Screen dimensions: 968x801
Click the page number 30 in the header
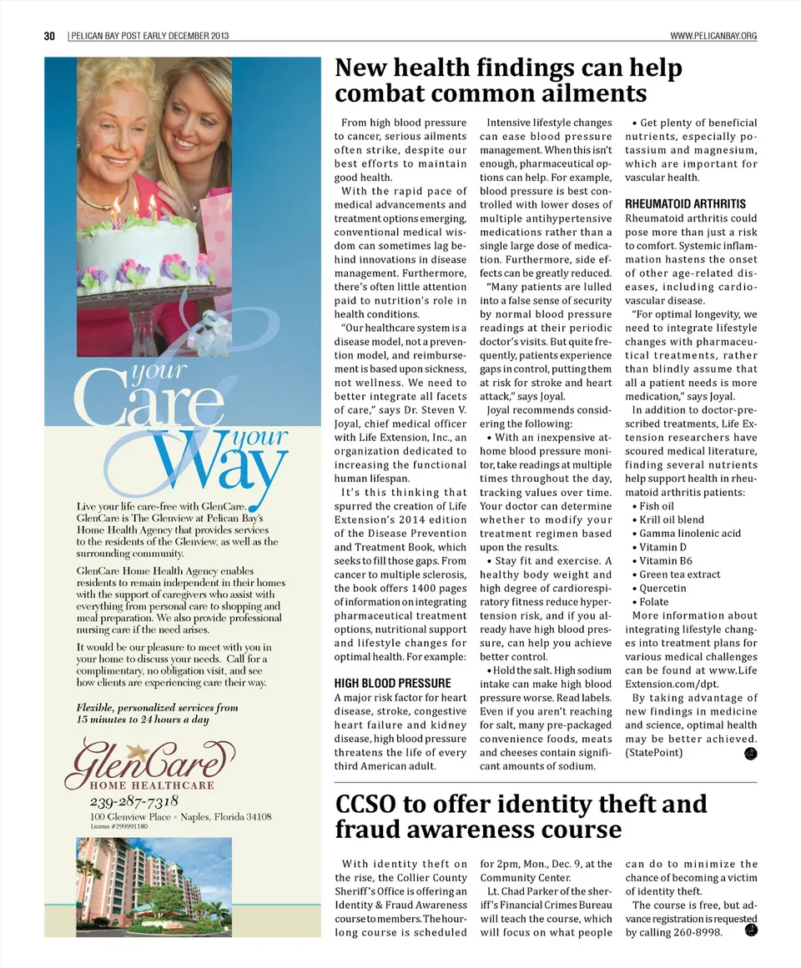pos(49,36)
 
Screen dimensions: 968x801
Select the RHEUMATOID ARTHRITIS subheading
pos(685,203)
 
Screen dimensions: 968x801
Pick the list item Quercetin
pos(662,588)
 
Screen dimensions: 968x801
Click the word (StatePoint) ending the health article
pos(653,753)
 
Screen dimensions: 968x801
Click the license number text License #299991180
pos(118,826)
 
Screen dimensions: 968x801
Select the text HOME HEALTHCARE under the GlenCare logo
pos(152,785)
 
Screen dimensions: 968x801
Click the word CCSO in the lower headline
pos(374,804)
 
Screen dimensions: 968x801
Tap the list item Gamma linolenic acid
pos(690,534)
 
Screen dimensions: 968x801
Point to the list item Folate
pos(657,602)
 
